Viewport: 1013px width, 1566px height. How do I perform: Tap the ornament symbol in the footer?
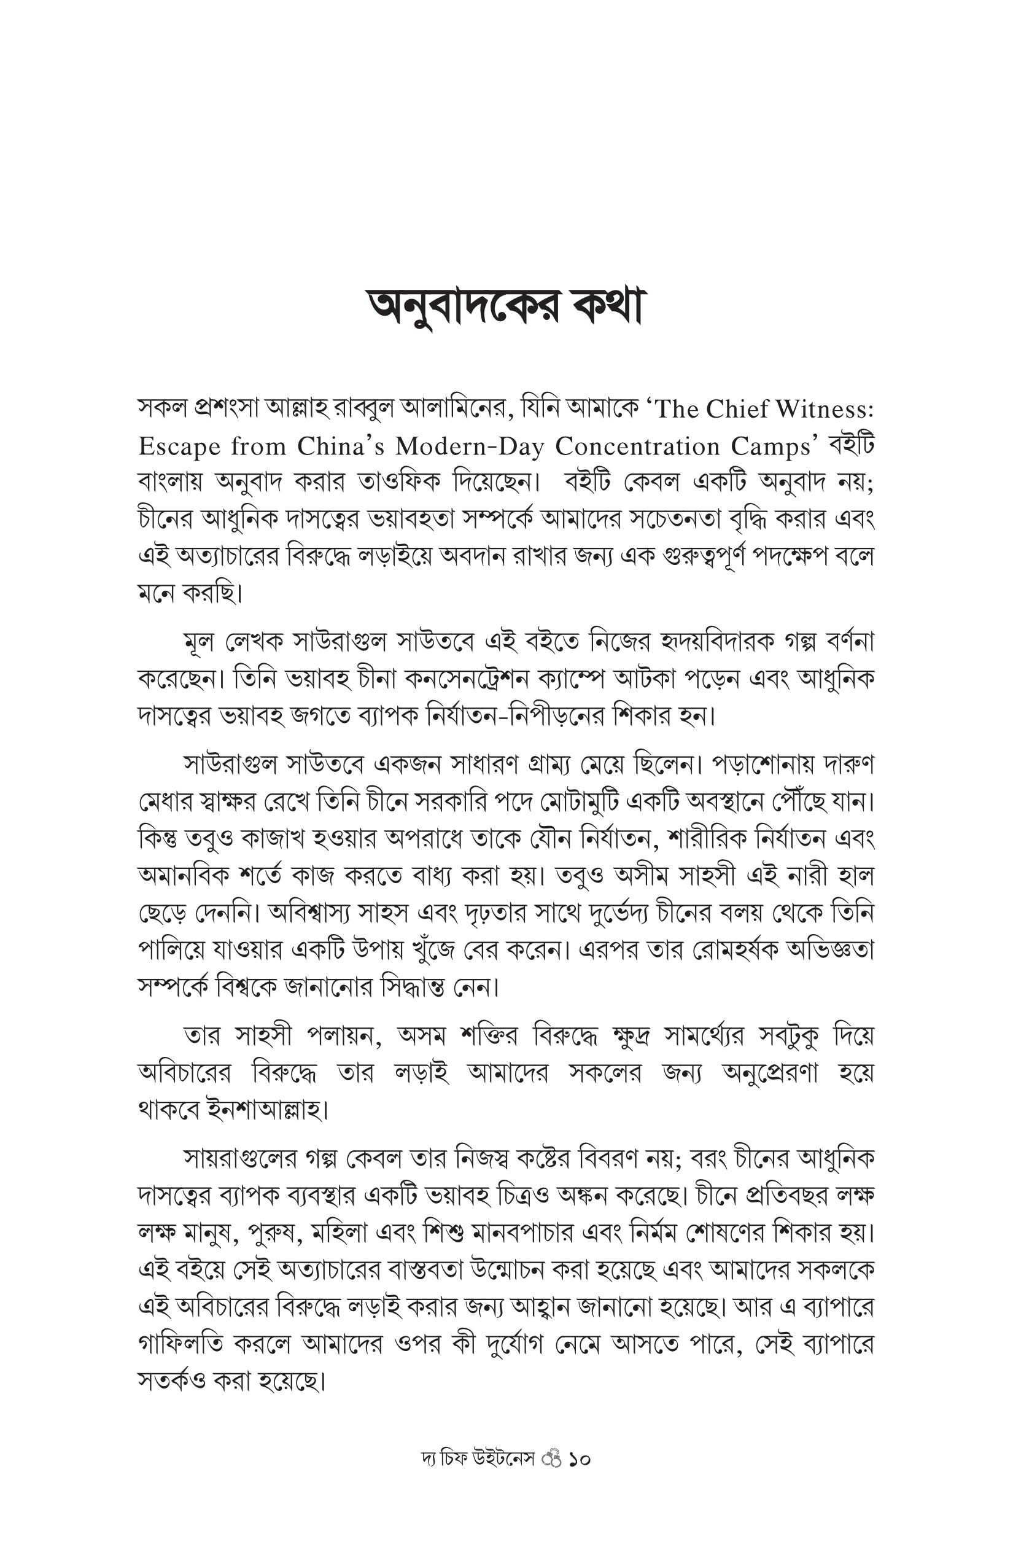click(x=552, y=1459)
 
